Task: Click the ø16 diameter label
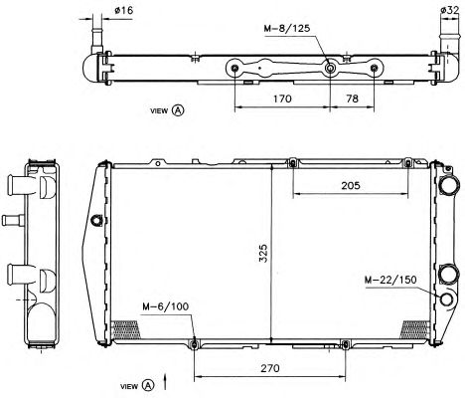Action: (x=124, y=11)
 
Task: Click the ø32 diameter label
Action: (x=450, y=10)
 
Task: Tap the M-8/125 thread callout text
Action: (x=287, y=28)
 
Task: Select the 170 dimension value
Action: (x=282, y=99)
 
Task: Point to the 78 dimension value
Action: (x=352, y=99)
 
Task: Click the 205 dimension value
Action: (x=351, y=185)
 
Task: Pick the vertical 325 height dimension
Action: (x=263, y=254)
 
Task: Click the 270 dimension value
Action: (x=270, y=368)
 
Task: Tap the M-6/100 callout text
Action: (x=166, y=306)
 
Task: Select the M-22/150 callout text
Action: (x=390, y=280)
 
